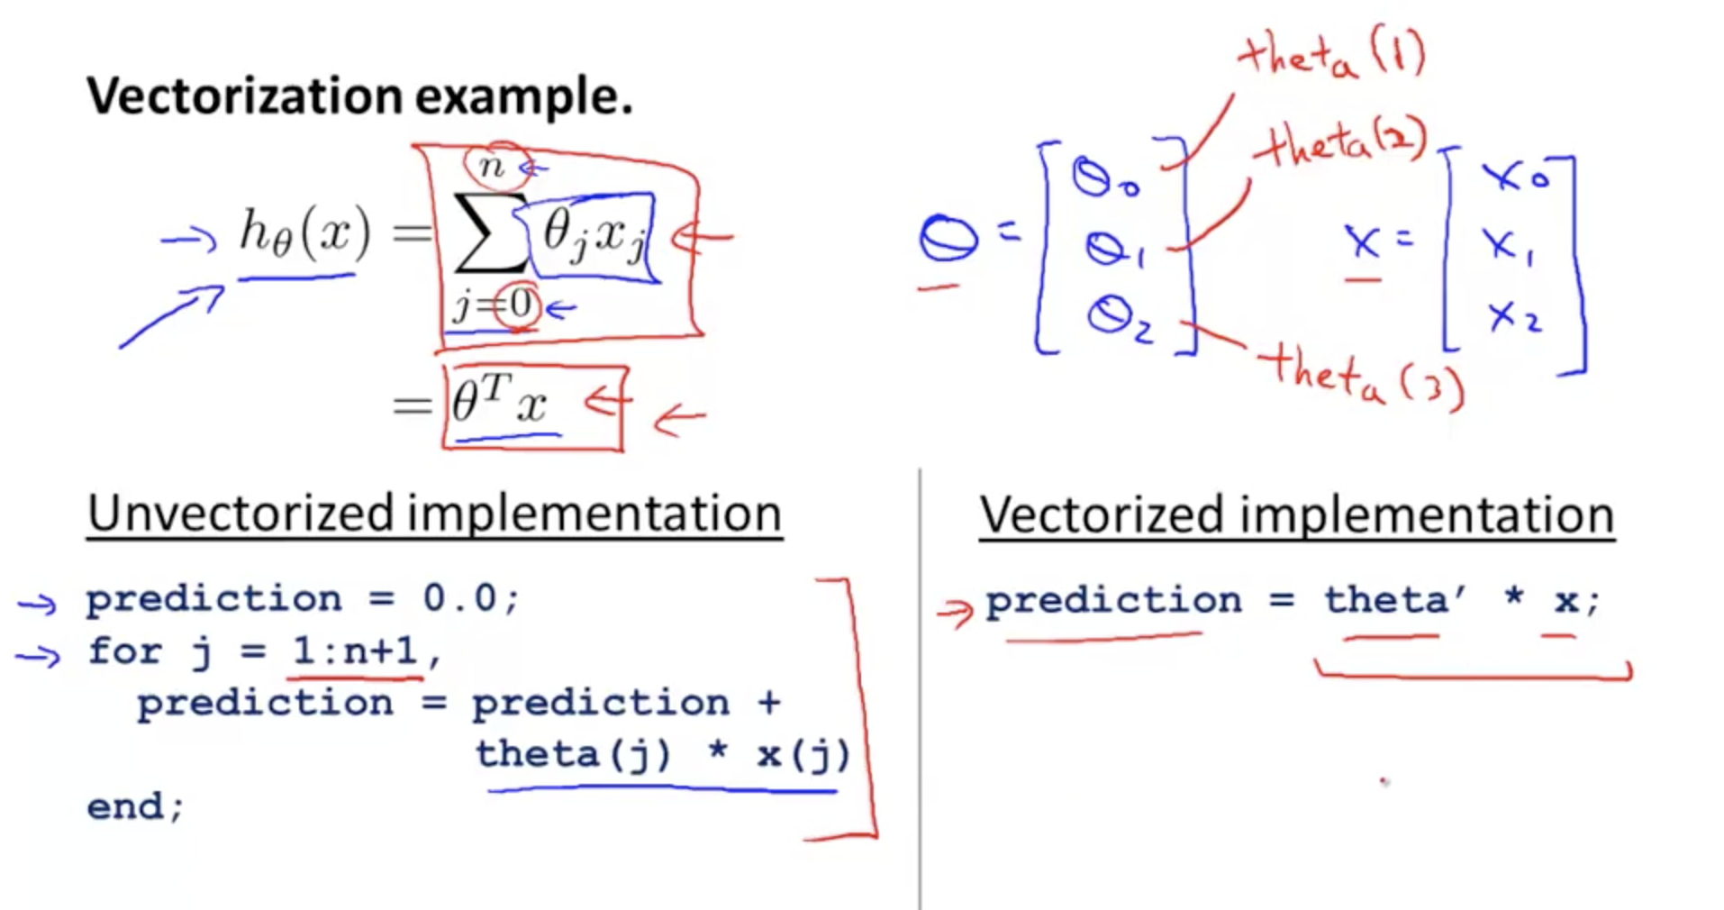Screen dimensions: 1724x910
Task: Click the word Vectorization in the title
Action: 244,96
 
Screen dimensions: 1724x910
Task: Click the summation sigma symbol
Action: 490,232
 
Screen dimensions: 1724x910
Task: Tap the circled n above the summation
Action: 492,166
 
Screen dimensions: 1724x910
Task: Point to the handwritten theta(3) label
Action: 1362,379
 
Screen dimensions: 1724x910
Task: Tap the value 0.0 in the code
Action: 458,597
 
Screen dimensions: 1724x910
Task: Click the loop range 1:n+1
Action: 355,650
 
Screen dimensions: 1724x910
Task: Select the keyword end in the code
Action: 125,805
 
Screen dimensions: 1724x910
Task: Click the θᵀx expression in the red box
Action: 499,401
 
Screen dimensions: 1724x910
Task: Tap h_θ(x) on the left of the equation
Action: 304,233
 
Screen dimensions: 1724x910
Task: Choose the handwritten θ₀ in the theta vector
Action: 1104,176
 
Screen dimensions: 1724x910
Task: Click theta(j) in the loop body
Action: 573,754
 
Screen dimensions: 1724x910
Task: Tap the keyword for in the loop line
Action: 124,650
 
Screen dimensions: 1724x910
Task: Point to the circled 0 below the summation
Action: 520,305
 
